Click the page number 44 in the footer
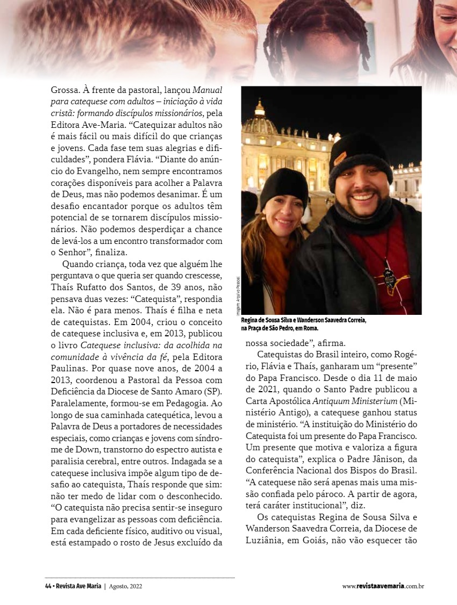click(48, 586)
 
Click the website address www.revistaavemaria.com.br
click(383, 586)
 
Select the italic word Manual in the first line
click(207, 90)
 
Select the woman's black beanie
click(283, 188)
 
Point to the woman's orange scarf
click(275, 269)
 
